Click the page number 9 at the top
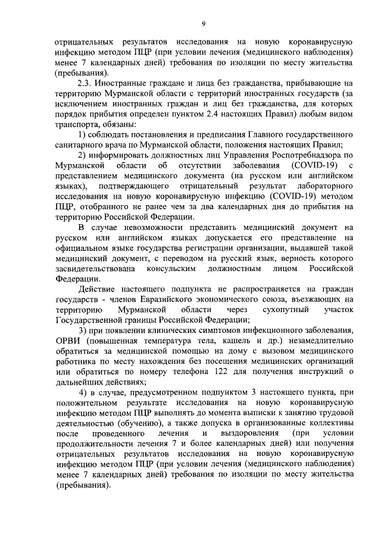[x=203, y=23]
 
